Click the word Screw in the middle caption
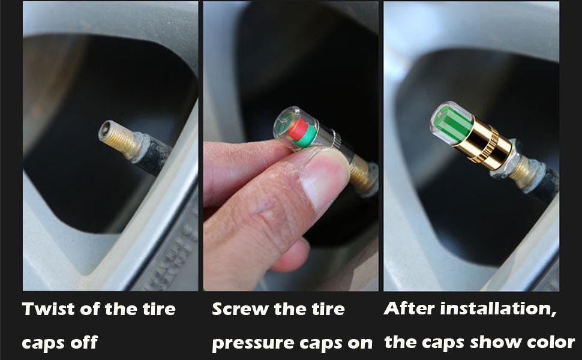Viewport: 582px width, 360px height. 240,310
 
